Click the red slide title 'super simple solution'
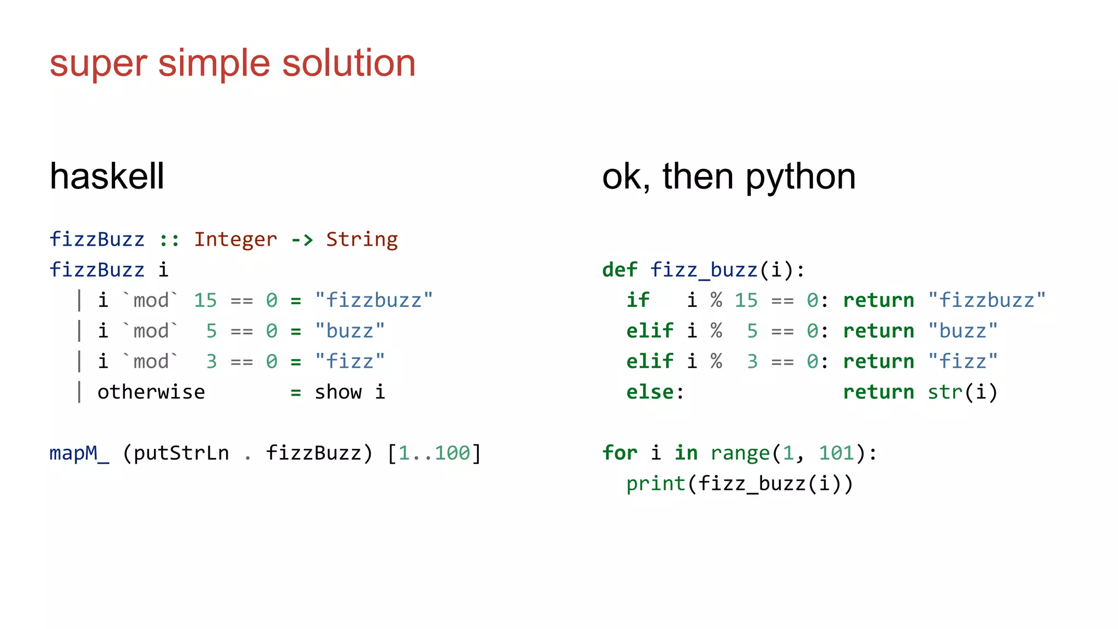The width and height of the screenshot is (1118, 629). (x=233, y=63)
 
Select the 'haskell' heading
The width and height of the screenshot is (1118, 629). (x=107, y=176)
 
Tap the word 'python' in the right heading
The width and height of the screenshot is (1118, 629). (x=800, y=177)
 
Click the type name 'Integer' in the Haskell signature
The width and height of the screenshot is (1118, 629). (x=235, y=240)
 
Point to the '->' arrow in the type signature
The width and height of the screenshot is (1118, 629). (x=302, y=240)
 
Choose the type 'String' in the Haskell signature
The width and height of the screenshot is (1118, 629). (x=362, y=240)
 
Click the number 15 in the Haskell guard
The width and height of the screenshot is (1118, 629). (x=205, y=300)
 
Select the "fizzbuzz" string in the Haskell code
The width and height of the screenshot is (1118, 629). (x=374, y=300)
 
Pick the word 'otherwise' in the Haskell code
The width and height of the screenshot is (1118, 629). (x=151, y=392)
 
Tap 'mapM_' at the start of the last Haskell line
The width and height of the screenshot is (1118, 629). (x=79, y=453)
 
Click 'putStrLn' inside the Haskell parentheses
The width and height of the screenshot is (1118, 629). (x=181, y=453)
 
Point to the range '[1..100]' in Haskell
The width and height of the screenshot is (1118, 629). (x=434, y=453)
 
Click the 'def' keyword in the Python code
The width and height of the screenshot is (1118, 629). (x=620, y=270)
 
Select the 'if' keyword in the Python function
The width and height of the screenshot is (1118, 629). (x=638, y=300)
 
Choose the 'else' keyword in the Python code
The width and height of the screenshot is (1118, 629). (x=650, y=392)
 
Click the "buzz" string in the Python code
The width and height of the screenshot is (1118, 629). (x=963, y=331)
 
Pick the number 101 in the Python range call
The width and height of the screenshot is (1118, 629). (x=836, y=453)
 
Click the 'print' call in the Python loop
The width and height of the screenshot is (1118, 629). (x=656, y=484)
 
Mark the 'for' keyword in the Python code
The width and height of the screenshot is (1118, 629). (x=620, y=453)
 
